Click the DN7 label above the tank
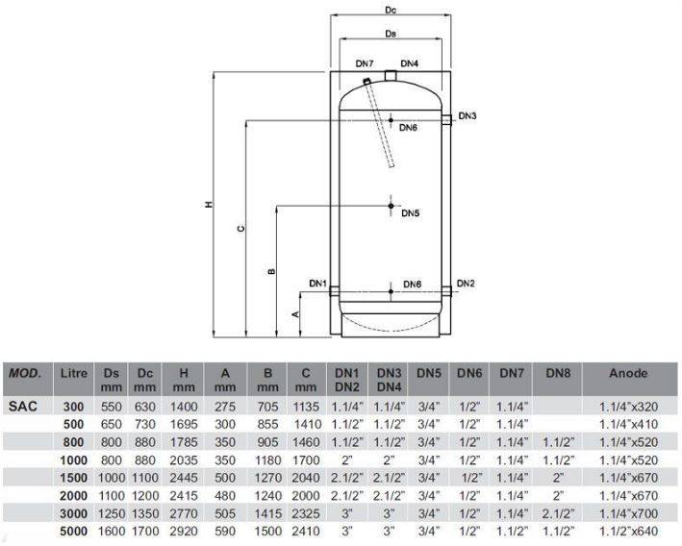click(365, 63)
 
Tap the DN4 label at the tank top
click(409, 63)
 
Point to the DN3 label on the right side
click(467, 116)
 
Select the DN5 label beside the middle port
click(410, 213)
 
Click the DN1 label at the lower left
click(318, 284)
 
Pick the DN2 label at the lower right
click(466, 284)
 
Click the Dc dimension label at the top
click(391, 10)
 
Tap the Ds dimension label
click(391, 34)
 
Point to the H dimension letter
click(209, 205)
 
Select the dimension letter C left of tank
click(241, 228)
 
